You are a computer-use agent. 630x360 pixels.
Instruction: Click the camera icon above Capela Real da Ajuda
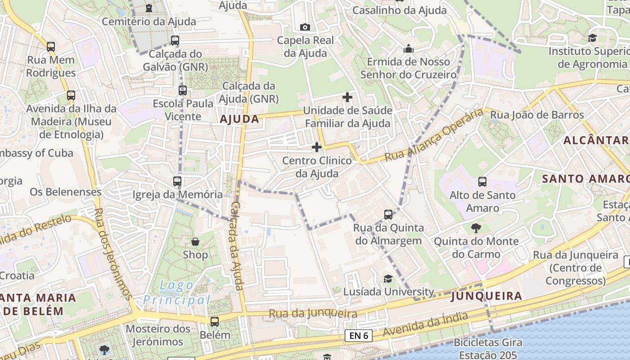point(305,27)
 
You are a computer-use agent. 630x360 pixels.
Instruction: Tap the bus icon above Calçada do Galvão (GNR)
point(175,40)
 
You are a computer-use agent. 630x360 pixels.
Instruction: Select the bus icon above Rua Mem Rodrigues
point(51,46)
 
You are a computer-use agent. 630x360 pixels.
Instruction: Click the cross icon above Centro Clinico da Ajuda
point(317,147)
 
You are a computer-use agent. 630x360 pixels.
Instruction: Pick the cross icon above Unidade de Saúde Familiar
point(347,97)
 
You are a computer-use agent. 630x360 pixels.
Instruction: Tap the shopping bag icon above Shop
point(195,242)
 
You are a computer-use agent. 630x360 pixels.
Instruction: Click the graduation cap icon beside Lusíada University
point(388,279)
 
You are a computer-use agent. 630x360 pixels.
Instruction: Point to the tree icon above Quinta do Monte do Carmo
point(476,228)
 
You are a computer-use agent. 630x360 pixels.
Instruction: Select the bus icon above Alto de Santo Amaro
point(482,182)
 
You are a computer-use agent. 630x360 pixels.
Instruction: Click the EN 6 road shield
point(359,335)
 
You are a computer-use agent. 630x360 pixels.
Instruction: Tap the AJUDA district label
point(239,119)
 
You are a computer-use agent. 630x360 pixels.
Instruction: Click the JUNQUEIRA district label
point(486,296)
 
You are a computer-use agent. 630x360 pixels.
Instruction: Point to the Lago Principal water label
point(177,292)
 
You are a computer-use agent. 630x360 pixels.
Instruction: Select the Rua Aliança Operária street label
point(434,135)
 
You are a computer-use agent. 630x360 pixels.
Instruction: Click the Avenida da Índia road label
point(425,325)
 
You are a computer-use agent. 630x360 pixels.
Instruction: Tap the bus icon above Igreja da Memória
point(177,181)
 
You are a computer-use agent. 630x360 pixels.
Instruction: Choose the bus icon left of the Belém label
point(215,321)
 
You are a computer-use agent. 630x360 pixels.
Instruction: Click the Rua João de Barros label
point(537,115)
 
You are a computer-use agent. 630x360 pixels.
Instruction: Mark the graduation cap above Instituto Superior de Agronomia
point(592,38)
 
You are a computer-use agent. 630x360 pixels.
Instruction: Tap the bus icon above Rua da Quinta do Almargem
point(388,214)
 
